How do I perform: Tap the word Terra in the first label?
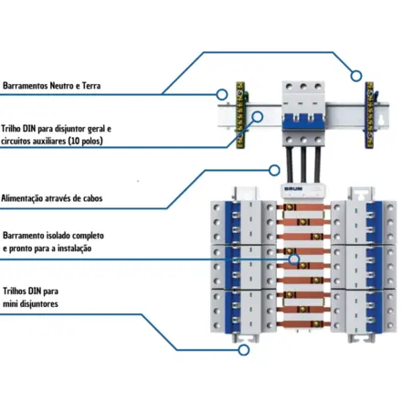point(91,86)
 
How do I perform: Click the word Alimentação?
point(22,198)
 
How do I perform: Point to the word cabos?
point(92,198)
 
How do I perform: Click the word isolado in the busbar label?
point(58,236)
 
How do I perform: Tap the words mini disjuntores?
point(30,303)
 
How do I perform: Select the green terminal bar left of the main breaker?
point(240,115)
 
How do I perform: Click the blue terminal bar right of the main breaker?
point(369,115)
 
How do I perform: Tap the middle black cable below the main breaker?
point(303,165)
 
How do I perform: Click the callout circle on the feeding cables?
point(275,170)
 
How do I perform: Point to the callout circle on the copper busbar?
point(294,259)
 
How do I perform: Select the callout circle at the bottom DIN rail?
point(244,350)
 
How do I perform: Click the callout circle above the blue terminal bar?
point(356,76)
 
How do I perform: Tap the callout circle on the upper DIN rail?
point(258,116)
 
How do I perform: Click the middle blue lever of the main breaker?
point(303,122)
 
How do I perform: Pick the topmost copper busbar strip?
point(303,207)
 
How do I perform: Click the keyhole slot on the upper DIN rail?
point(380,121)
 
